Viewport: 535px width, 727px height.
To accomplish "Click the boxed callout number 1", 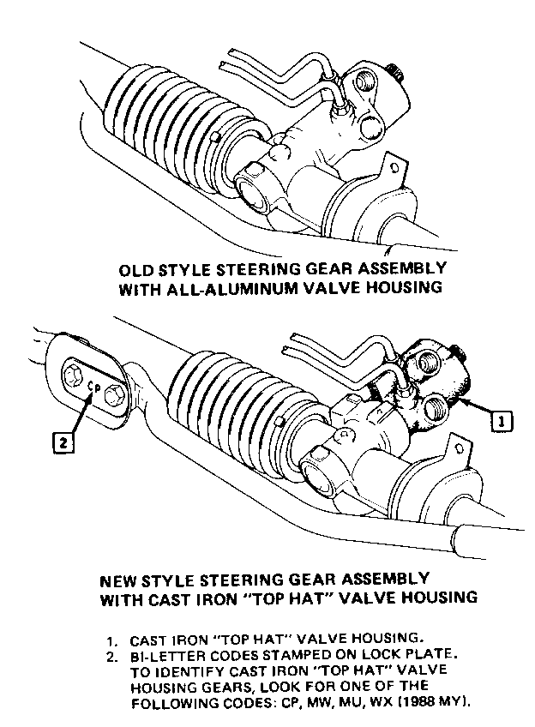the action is [502, 422].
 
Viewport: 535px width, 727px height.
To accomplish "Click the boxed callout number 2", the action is [63, 442].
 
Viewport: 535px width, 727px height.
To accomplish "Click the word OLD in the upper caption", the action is [135, 270].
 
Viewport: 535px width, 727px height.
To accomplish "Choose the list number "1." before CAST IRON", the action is [111, 641].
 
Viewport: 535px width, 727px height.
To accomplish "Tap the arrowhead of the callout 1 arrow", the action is [465, 400].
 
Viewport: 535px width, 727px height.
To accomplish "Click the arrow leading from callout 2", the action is [82, 412].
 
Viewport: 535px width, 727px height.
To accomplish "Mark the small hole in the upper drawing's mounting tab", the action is [394, 168].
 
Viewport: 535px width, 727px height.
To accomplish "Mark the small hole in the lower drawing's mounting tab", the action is [459, 449].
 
